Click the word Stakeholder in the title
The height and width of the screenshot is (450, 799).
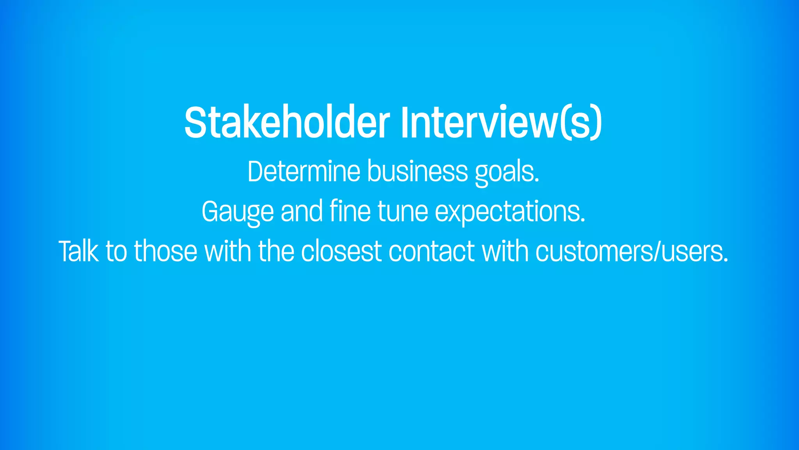coord(287,123)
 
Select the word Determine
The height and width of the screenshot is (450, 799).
coord(304,171)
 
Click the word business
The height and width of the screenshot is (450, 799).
coord(417,171)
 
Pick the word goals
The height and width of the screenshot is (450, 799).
coord(507,172)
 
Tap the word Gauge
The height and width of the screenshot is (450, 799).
coord(238,212)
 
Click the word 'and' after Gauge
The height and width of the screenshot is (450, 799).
coord(302,211)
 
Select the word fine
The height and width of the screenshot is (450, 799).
coord(350,211)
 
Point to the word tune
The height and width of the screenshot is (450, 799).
coord(403,212)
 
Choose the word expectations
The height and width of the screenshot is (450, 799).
coord(510,212)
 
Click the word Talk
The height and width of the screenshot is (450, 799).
coord(78,251)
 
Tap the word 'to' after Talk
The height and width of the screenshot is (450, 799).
coord(116,251)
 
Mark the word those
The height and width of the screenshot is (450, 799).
coord(166,251)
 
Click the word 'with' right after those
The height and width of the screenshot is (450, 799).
coord(228,251)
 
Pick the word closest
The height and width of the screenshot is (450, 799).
coord(341,251)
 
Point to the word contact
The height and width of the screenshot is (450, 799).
coord(431,251)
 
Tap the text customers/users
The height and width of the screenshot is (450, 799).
coord(632,251)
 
